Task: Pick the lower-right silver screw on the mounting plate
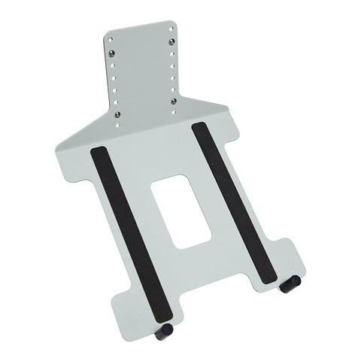(x=174, y=101)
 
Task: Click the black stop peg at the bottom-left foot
(x=164, y=331)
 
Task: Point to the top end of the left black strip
(x=99, y=151)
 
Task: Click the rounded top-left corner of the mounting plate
(x=107, y=32)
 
